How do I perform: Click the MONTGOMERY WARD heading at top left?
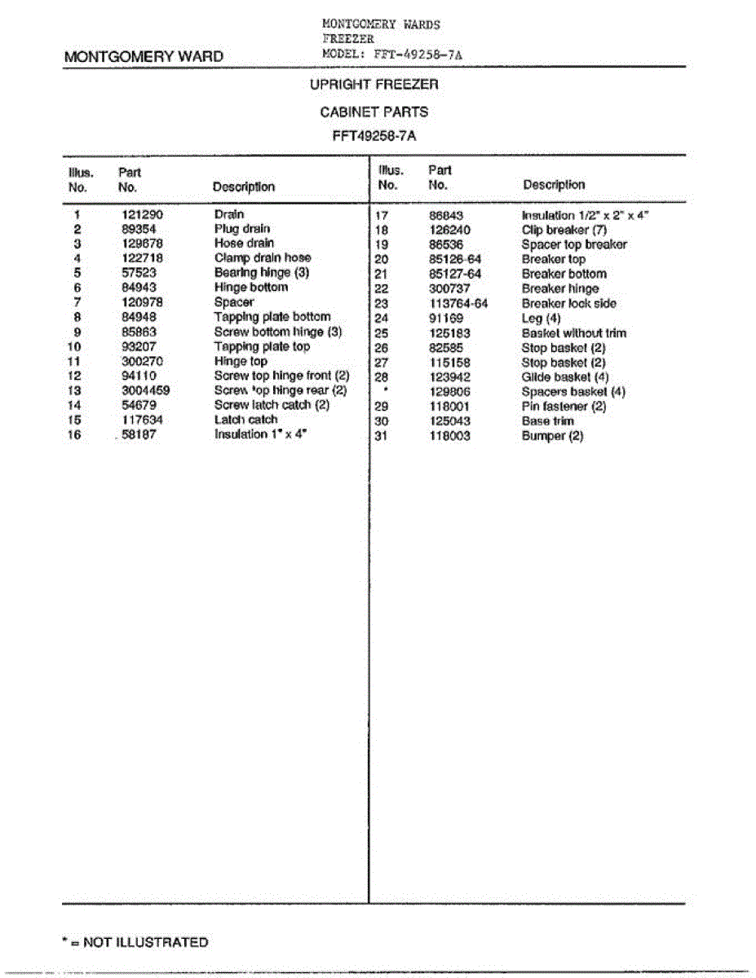click(143, 57)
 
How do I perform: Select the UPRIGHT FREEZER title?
click(374, 84)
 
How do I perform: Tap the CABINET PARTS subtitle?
click(374, 112)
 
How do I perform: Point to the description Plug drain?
click(241, 229)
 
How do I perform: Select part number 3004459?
click(145, 390)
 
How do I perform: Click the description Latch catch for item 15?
click(245, 420)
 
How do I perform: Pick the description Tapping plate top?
click(262, 346)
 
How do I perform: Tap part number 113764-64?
click(458, 303)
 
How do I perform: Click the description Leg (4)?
click(541, 318)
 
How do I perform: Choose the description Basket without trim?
click(573, 333)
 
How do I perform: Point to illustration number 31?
click(381, 436)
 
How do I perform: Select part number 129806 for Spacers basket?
click(449, 392)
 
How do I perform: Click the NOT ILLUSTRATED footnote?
click(135, 942)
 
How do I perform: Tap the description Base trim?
click(547, 421)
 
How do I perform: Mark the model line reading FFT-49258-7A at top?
click(394, 54)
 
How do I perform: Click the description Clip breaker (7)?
click(564, 230)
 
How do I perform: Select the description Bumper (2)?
click(552, 436)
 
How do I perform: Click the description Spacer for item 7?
click(234, 302)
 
